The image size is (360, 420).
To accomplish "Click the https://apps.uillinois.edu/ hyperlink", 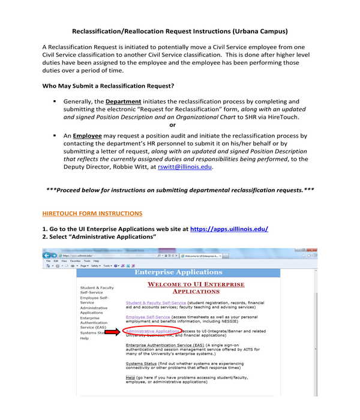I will point(229,229).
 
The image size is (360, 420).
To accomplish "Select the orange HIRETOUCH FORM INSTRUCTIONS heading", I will point(92,213).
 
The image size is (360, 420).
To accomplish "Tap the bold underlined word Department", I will point(124,101).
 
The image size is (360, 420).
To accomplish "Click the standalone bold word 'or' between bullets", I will point(173,125).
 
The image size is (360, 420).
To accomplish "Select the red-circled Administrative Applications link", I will point(152,331).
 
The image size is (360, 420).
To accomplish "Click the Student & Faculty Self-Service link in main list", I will point(156,303).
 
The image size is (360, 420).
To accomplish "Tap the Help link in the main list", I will point(130,377).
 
